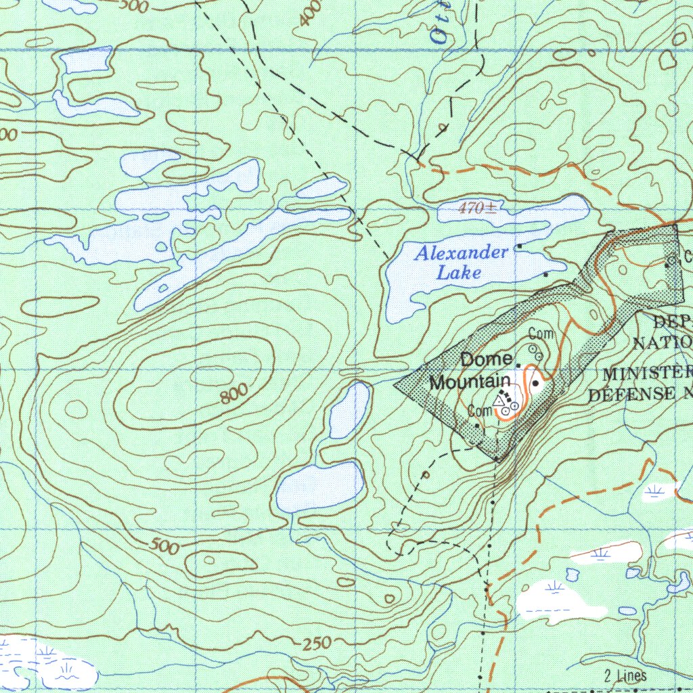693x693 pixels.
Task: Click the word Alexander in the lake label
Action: pyautogui.click(x=462, y=254)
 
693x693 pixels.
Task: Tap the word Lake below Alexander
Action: pyautogui.click(x=459, y=273)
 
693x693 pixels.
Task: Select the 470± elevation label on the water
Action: pyautogui.click(x=476, y=208)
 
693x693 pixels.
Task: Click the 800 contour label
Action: pyautogui.click(x=233, y=394)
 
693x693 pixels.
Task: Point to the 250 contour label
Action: pyautogui.click(x=316, y=644)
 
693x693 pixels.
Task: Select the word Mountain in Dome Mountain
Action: pyautogui.click(x=470, y=382)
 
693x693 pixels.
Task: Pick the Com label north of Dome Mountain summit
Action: pyautogui.click(x=541, y=334)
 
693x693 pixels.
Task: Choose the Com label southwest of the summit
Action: pyautogui.click(x=479, y=411)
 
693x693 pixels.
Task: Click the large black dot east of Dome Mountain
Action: pyautogui.click(x=535, y=384)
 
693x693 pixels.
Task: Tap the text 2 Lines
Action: pyautogui.click(x=625, y=675)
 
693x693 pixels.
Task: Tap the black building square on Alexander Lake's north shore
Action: pyautogui.click(x=519, y=246)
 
